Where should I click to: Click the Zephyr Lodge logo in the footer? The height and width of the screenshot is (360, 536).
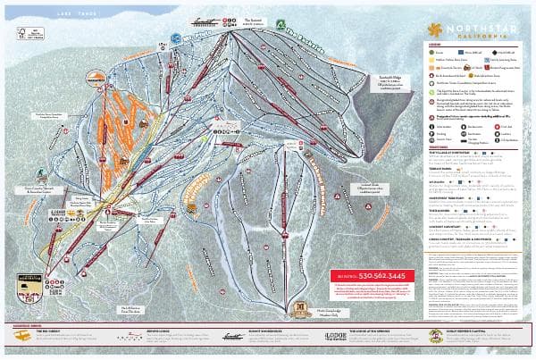130,336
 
